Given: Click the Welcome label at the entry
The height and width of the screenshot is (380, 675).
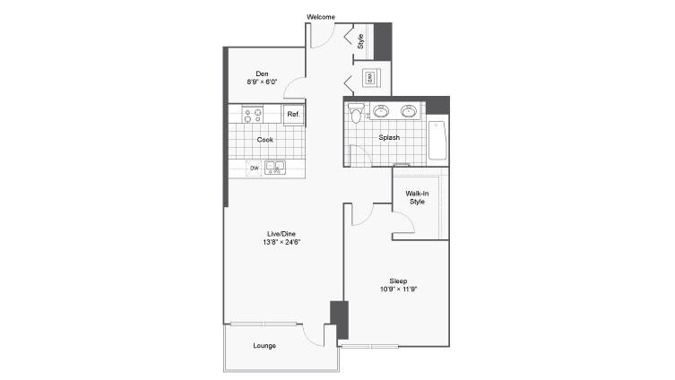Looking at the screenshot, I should [320, 17].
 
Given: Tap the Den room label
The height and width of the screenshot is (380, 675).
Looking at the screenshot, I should [263, 73].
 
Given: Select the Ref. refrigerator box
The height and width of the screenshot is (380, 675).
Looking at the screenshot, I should [293, 115].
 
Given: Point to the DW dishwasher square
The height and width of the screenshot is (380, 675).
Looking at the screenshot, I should [255, 168].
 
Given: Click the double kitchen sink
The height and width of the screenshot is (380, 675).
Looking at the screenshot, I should [274, 166].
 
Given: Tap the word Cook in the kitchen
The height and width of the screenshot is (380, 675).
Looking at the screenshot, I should [265, 140].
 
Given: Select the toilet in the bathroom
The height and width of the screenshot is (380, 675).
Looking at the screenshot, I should [356, 114].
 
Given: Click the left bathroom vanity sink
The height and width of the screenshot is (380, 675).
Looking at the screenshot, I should [381, 111].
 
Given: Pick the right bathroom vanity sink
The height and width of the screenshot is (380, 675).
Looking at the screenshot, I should [410, 111].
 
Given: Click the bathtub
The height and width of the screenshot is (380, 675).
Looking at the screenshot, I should [437, 139].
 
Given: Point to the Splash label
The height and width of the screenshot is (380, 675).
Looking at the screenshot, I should [389, 137].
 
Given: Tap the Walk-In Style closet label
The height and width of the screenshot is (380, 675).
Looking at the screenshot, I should [417, 198].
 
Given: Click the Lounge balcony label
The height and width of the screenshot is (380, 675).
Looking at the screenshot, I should [264, 346].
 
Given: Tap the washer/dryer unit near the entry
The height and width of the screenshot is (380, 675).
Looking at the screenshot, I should [369, 78].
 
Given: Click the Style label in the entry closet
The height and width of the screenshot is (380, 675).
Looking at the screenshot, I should [360, 40].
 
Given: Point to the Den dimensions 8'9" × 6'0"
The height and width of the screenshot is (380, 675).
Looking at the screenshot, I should [263, 82].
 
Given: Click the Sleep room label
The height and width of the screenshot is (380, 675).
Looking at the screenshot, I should [398, 281].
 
